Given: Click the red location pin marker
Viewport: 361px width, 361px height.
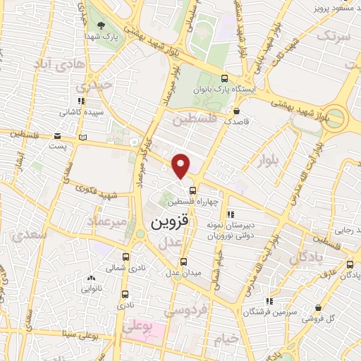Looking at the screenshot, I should pos(182,165).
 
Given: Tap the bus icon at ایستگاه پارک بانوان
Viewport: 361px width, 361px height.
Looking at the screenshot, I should pos(224,78).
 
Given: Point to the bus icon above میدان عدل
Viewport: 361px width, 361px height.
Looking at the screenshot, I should pos(184,261).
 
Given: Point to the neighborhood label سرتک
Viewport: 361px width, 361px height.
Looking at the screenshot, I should pos(333,36).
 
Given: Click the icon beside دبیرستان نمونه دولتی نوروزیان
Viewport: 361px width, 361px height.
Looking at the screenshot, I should pos(229,214).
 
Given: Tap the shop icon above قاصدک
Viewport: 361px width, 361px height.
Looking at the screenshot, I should pos(236,110).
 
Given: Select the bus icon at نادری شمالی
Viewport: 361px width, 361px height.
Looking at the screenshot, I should pos(126,257).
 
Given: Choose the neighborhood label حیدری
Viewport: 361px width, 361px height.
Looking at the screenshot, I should pos(94,86).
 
